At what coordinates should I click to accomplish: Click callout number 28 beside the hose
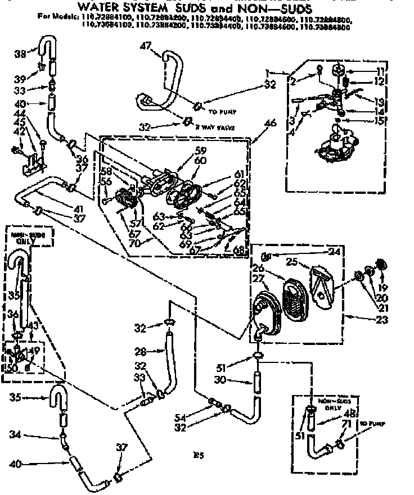[x=140, y=352]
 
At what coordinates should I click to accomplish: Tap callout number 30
[x=235, y=380]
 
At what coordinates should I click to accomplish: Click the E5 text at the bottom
[x=196, y=456]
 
